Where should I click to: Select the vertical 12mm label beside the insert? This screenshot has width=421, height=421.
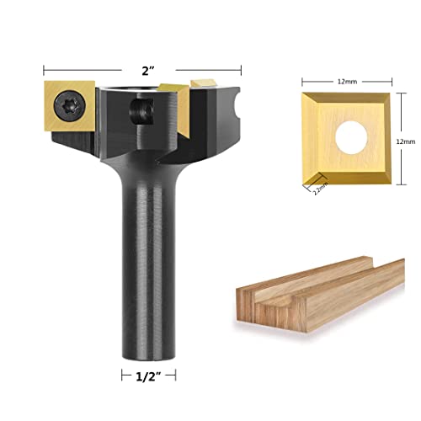(x=408, y=142)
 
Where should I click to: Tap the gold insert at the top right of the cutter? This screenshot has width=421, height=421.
(x=205, y=85)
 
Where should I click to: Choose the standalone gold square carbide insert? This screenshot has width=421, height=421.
(x=347, y=139)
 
